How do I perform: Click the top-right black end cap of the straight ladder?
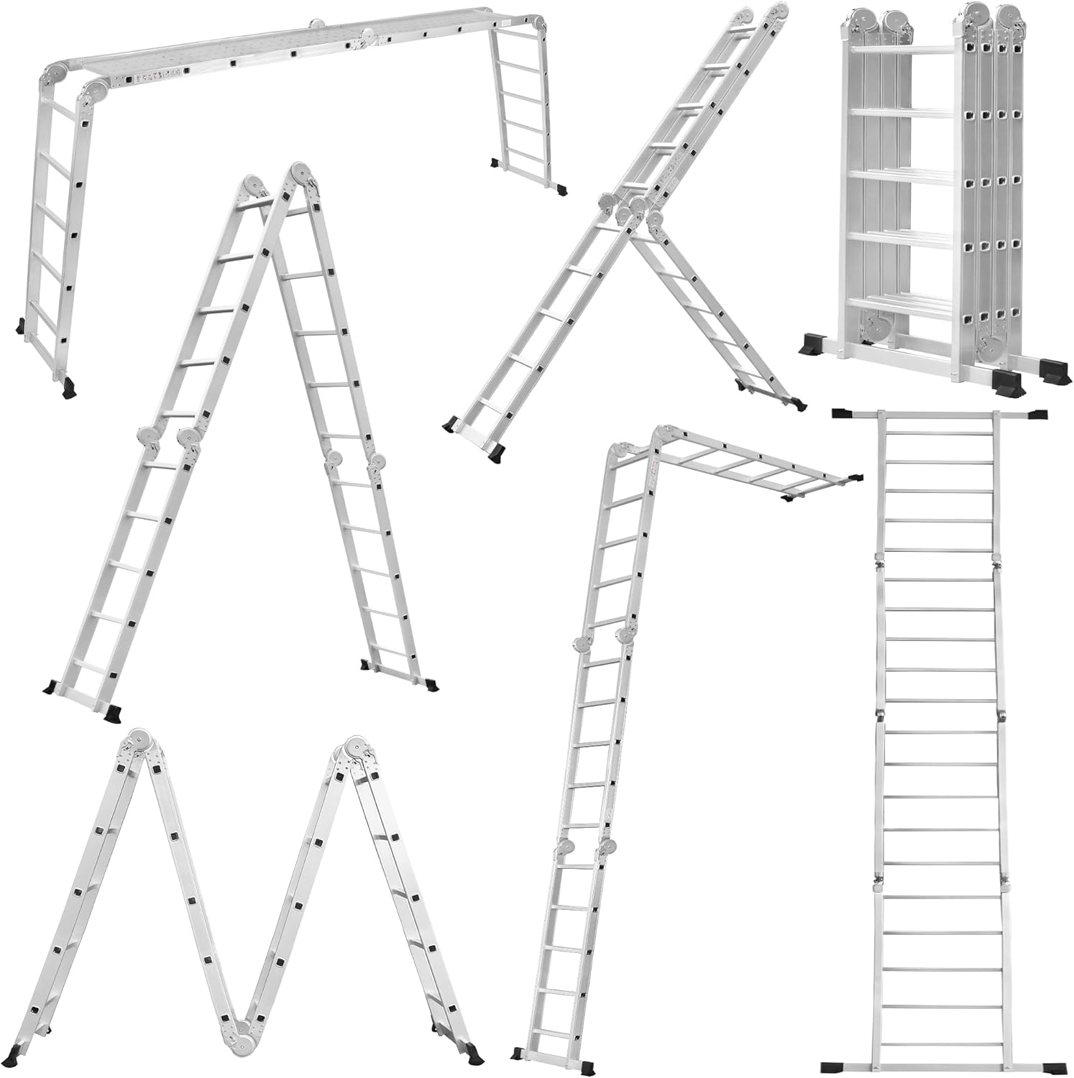(1037, 414)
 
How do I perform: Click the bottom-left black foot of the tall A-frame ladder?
(113, 714)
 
